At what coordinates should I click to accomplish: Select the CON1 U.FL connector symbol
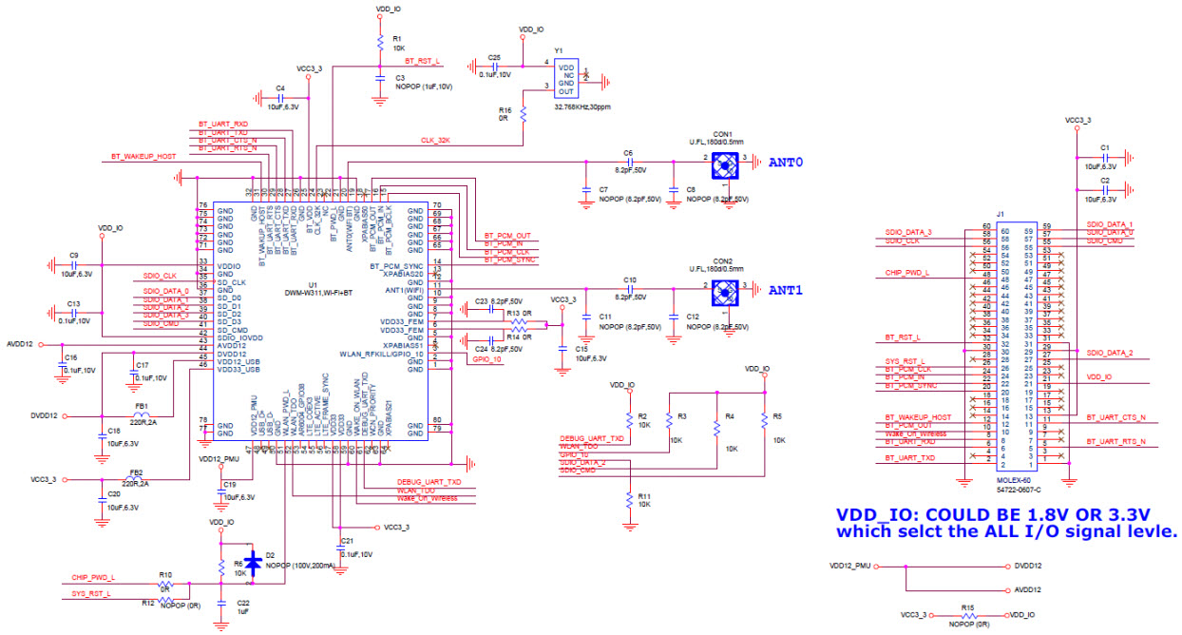click(726, 164)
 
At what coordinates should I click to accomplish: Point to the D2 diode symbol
click(252, 560)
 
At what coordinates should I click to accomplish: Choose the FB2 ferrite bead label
click(136, 471)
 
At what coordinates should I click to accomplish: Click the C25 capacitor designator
click(493, 57)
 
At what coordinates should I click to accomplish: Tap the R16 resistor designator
click(505, 110)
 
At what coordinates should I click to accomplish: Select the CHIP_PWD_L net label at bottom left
click(93, 577)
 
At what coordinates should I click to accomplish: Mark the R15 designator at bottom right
click(967, 606)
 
